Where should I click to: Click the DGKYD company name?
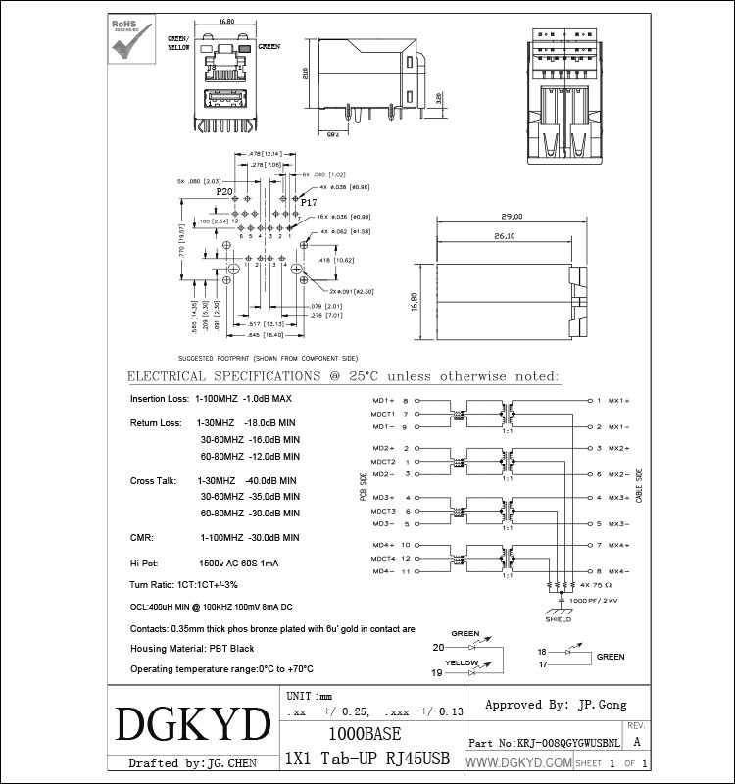[192, 726]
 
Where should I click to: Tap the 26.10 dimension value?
[506, 236]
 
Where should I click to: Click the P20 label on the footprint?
[224, 193]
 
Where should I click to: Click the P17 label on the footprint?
[309, 202]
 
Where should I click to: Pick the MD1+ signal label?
[382, 401]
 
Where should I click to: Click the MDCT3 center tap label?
[382, 511]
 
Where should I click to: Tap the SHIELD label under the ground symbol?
[558, 619]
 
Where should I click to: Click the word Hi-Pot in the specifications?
[144, 563]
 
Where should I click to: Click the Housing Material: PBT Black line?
[192, 649]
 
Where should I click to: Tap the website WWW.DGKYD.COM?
[517, 762]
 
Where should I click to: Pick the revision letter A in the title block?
[638, 743]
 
